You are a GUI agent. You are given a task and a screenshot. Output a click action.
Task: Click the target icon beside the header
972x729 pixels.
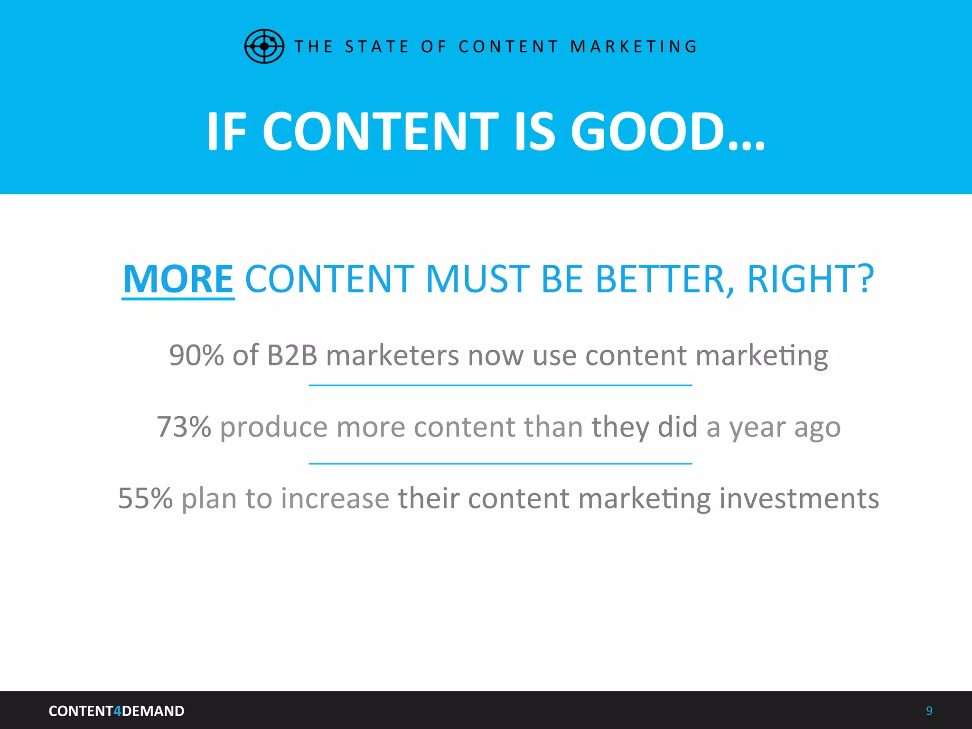[x=264, y=46]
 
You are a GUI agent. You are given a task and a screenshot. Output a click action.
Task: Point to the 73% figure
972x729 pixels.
[x=184, y=427]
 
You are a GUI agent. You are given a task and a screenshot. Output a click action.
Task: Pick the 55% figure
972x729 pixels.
[x=145, y=498]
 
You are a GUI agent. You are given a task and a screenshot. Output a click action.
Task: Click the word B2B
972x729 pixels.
[x=292, y=355]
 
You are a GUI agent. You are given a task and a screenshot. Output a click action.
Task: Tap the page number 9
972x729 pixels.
[x=929, y=710]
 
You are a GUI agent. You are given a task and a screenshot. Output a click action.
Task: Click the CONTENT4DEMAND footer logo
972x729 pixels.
[x=116, y=711]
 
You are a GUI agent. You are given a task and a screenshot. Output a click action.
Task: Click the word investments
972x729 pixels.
[x=799, y=498]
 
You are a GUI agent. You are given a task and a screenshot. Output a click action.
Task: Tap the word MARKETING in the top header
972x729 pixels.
[x=634, y=47]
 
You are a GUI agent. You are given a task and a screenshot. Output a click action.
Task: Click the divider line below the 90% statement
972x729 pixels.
[x=500, y=385]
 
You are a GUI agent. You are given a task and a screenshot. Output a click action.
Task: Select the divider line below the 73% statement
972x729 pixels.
[x=500, y=464]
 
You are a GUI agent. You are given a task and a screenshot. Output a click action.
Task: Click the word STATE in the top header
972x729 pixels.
[x=377, y=47]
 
